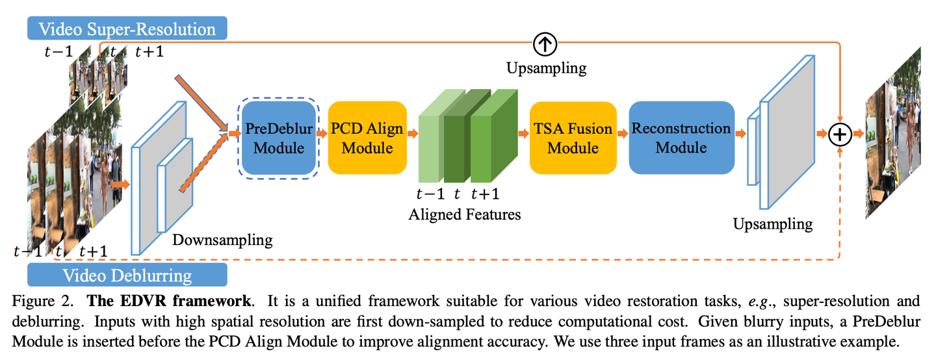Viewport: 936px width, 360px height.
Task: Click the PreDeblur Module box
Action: point(278,138)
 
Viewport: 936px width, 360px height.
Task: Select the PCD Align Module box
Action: point(367,138)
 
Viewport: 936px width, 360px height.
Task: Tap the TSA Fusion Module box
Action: point(573,138)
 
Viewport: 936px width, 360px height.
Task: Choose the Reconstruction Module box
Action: point(681,138)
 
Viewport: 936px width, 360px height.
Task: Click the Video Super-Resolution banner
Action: point(127,29)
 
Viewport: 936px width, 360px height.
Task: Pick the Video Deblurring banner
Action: point(127,275)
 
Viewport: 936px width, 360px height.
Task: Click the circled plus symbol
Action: point(841,134)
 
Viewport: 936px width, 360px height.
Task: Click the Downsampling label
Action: point(222,240)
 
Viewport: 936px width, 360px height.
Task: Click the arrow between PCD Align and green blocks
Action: point(412,134)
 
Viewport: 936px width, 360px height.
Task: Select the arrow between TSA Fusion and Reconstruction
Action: point(623,134)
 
